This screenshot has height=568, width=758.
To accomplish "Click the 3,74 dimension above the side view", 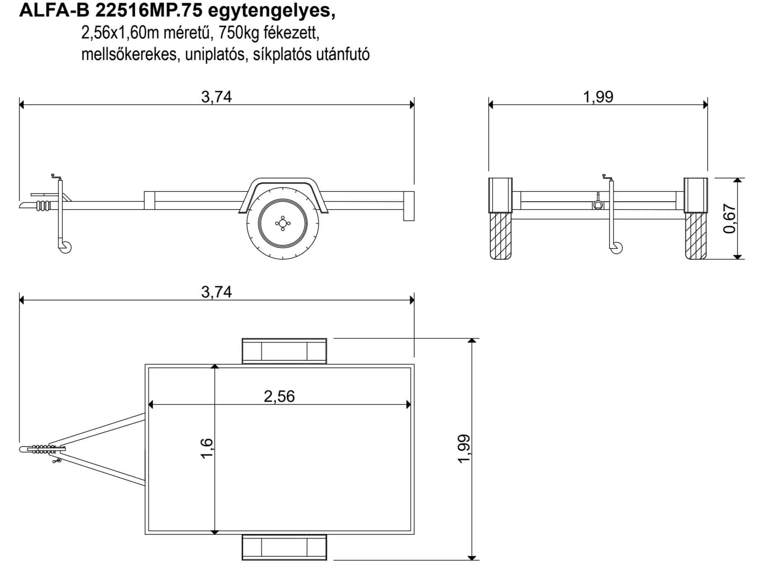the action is click(x=216, y=97).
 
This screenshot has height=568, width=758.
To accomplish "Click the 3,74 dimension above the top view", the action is click(x=216, y=292).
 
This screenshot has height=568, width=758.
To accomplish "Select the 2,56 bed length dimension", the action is click(x=279, y=396).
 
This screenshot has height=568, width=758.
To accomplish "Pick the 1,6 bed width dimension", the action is click(x=207, y=448).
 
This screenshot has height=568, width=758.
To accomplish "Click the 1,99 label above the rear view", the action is click(x=598, y=97).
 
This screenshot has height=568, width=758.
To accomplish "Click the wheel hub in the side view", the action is click(x=283, y=224).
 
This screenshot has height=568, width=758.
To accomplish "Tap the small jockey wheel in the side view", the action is click(x=66, y=247).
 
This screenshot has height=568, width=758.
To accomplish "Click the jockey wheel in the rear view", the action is click(x=617, y=248).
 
